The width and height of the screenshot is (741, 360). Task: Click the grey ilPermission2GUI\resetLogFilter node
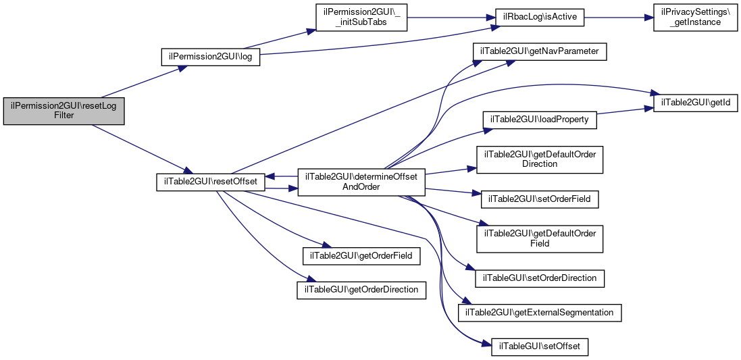click(x=63, y=111)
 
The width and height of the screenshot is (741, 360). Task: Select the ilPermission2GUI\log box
click(x=211, y=57)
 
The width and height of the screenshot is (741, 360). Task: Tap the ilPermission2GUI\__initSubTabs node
click(x=361, y=18)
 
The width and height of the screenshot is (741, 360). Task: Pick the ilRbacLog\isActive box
click(x=539, y=18)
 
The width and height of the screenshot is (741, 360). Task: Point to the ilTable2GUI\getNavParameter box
click(x=540, y=51)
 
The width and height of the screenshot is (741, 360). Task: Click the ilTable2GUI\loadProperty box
click(x=539, y=120)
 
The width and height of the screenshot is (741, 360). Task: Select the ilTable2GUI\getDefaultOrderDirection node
click(x=539, y=159)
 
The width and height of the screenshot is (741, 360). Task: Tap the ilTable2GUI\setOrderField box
click(x=539, y=199)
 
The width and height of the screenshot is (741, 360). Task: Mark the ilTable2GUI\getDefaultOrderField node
click(x=539, y=238)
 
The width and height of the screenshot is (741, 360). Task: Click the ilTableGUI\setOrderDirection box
click(x=540, y=278)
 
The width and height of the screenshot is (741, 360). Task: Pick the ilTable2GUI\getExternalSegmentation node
click(x=540, y=313)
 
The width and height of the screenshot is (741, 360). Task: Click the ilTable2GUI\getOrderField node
click(x=361, y=255)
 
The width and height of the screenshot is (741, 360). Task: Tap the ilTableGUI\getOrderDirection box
click(x=361, y=290)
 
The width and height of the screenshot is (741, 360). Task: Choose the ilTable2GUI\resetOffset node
click(x=210, y=182)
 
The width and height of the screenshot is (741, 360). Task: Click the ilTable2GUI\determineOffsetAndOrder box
click(x=361, y=182)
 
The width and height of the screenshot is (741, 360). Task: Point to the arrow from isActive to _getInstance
click(x=619, y=18)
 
